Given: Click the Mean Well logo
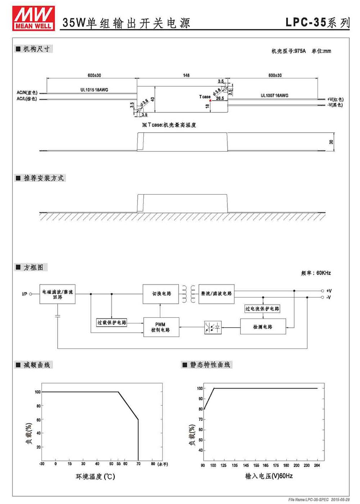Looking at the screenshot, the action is coord(33,18).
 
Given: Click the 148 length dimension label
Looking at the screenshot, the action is coord(186,75).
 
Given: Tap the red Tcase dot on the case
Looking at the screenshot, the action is coord(210,100).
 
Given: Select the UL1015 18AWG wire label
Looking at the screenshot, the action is coord(94,90).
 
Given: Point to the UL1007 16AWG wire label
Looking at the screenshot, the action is coord(274,95).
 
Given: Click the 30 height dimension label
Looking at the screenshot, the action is coord(331,142).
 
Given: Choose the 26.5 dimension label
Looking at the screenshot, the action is coord(220,98).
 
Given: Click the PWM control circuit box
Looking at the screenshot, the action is coord(161,327).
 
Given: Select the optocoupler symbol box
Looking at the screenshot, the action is coord(213,327).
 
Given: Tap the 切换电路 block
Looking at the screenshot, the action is coord(161,294).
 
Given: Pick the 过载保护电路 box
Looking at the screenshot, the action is coord(112,322).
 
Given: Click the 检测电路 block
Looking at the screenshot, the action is coord(263,327).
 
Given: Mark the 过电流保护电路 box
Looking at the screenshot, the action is coord(262,309).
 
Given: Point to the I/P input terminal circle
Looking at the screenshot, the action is coord(31,294).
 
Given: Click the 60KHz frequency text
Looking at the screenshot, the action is coord(323,273).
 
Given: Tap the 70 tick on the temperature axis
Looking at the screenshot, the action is coord(138,463).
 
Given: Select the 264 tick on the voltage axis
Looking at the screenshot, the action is coord(317,465).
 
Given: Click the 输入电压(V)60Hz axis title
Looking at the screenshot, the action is coord(269,476).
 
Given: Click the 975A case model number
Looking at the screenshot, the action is coord(300,51).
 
